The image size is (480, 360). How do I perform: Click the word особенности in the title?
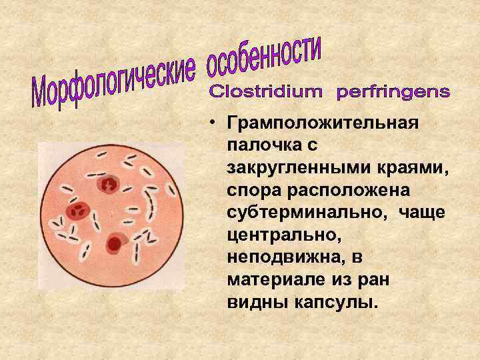(x=265, y=58)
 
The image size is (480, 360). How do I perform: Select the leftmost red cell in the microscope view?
(x=77, y=211)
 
